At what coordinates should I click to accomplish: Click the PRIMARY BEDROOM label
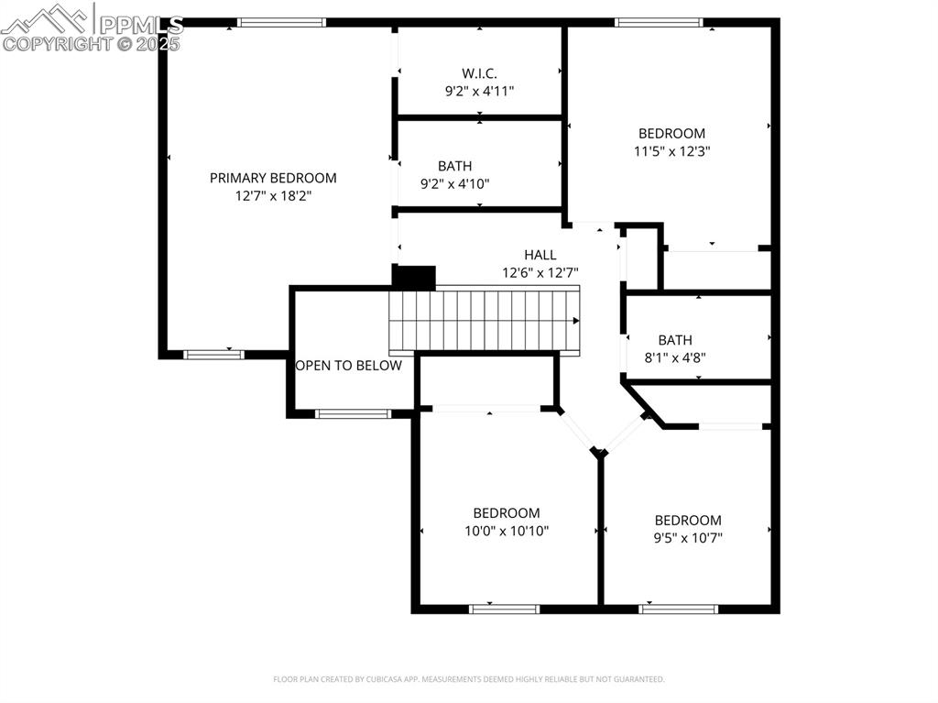coord(273,178)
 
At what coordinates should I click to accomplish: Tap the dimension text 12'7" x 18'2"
coord(273,195)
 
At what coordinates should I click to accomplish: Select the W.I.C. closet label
coord(479,73)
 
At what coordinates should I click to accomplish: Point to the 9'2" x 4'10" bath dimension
coord(454,183)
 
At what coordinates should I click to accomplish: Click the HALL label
coord(540,255)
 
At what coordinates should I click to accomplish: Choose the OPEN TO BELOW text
coord(349,366)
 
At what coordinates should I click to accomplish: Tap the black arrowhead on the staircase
coord(575,321)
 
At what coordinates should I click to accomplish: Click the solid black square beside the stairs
coord(413,276)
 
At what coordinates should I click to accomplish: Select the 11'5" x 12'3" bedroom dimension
coord(671,151)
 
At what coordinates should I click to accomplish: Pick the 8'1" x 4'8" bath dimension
coord(674,358)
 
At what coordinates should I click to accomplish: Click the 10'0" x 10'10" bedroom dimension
coord(506,531)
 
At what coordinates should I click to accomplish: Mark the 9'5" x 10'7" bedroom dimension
coord(687,537)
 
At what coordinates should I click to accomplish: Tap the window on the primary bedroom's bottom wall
coord(213,354)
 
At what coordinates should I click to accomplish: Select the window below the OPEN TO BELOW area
coord(353,414)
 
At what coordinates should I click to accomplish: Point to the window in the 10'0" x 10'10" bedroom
coord(505,608)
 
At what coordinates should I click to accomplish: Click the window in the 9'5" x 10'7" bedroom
coord(679,608)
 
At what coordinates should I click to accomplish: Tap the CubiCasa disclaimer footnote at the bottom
coord(469,679)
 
